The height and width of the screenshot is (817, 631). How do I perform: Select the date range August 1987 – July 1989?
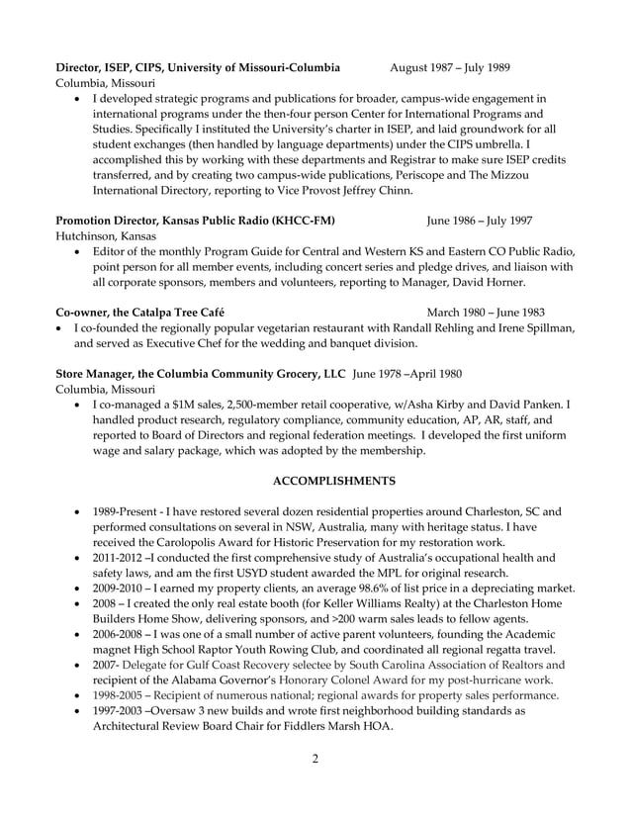[450, 67]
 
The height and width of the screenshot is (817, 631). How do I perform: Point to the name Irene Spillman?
[533, 327]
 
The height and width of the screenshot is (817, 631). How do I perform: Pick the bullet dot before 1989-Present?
[78, 512]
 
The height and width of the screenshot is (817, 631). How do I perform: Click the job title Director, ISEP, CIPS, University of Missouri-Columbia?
[198, 67]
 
